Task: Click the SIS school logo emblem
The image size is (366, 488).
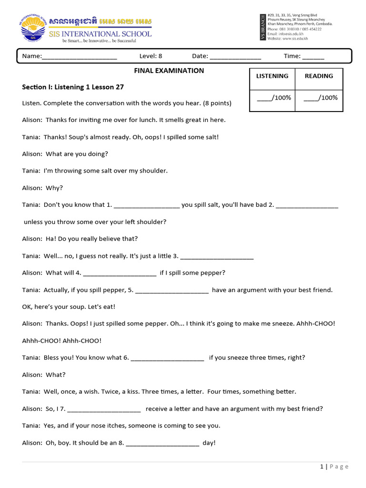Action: coord(35,29)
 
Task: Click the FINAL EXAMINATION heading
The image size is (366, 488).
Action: coord(170,71)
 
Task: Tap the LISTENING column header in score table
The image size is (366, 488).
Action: coord(272,76)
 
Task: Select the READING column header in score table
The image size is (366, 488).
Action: coord(319,76)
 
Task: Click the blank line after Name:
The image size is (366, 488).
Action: coord(80,57)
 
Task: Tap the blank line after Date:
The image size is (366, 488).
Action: coord(235,57)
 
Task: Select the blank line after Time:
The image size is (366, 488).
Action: coord(313,57)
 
